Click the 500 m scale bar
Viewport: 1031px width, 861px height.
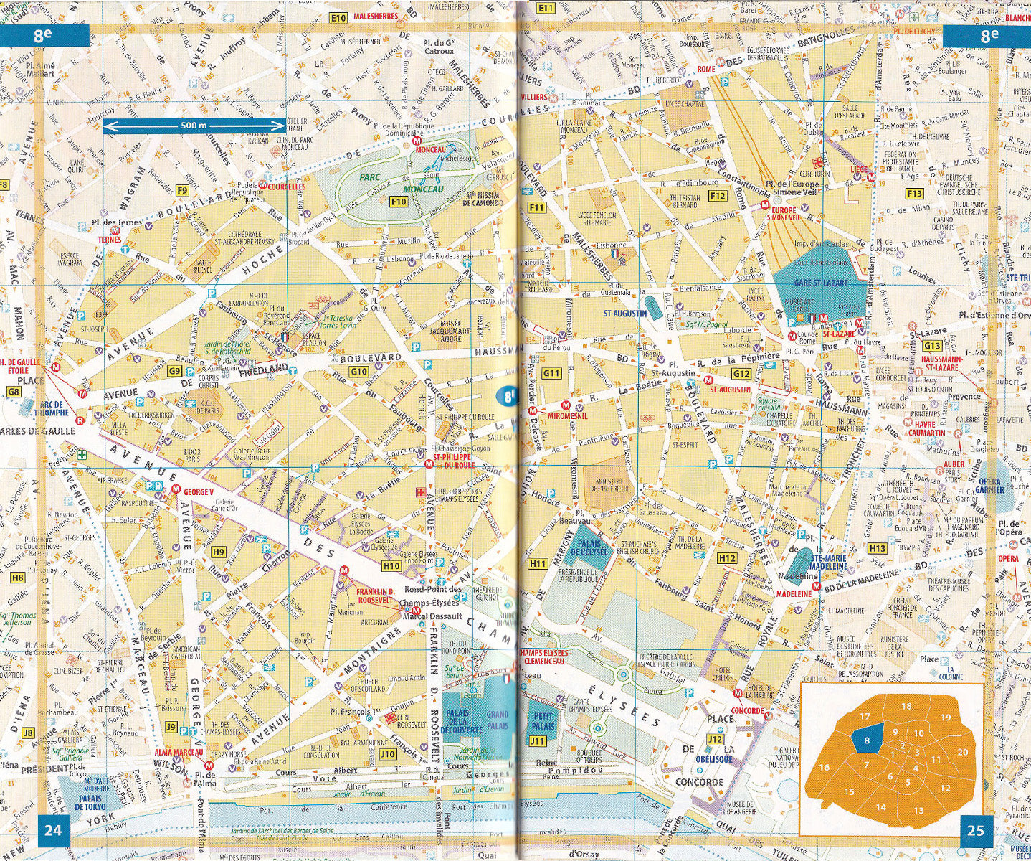point(194,126)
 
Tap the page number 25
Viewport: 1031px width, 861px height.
point(975,831)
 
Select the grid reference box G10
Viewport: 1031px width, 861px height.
point(359,371)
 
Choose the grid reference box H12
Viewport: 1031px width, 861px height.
point(727,557)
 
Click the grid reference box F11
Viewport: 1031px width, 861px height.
point(536,208)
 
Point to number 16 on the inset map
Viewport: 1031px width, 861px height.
point(825,767)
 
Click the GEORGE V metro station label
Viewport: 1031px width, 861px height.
point(199,492)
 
